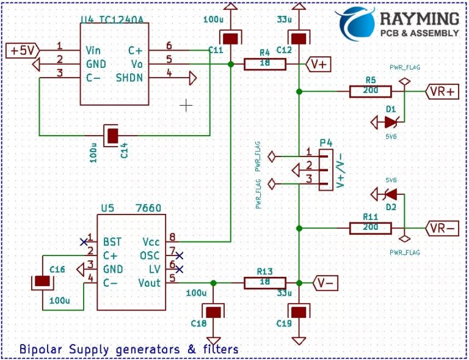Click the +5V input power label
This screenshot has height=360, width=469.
click(23, 50)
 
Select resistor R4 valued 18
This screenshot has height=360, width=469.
click(265, 64)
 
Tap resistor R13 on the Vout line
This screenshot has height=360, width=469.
click(265, 283)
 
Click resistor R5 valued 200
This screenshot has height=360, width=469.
click(371, 91)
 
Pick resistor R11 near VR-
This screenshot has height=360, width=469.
click(371, 228)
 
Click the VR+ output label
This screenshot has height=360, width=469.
click(442, 91)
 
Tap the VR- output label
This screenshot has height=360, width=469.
click(442, 228)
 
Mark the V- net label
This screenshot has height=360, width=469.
click(324, 283)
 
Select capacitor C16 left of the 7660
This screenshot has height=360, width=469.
click(42, 282)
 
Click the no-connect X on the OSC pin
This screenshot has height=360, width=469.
click(179, 255)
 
